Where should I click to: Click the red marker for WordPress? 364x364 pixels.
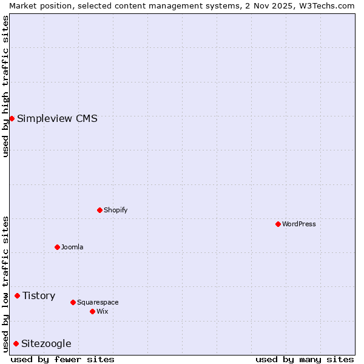(278, 224)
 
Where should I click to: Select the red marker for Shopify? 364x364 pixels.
(99, 210)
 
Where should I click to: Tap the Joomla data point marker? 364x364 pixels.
(57, 247)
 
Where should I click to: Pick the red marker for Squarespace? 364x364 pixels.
(73, 302)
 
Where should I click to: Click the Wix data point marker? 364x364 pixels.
(92, 311)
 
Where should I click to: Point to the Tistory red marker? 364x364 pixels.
(17, 295)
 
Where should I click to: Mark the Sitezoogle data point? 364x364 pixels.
(16, 343)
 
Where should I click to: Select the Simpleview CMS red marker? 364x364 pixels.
(12, 118)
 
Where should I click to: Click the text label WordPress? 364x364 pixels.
(299, 224)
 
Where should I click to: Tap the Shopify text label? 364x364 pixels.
(116, 210)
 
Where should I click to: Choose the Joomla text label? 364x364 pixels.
(72, 247)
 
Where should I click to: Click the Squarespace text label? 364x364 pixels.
(98, 302)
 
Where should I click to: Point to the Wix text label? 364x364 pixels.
(103, 311)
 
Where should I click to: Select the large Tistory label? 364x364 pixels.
(39, 295)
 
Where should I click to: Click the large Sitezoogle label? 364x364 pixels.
(46, 343)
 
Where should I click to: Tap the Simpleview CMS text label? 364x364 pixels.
(57, 118)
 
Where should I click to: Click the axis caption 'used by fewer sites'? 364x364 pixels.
(62, 359)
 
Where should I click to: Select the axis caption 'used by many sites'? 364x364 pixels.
(305, 359)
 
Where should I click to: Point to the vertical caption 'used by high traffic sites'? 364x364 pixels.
(5, 86)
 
